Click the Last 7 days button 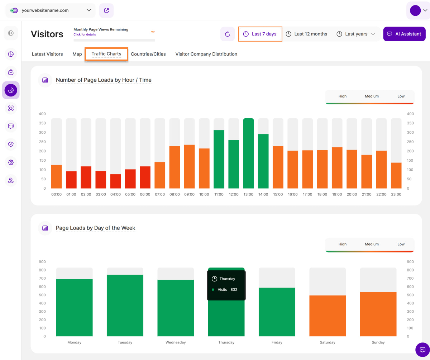pyautogui.click(x=260, y=34)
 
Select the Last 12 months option pyautogui.click(x=306, y=34)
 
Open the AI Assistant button pyautogui.click(x=404, y=34)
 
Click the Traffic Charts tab pyautogui.click(x=106, y=54)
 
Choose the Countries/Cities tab pyautogui.click(x=148, y=54)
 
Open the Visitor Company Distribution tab pyautogui.click(x=206, y=54)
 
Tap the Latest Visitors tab pyautogui.click(x=47, y=54)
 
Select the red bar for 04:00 pyautogui.click(x=116, y=181)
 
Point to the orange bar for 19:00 pyautogui.click(x=337, y=167)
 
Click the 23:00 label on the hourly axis pyautogui.click(x=396, y=194)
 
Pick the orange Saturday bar pyautogui.click(x=328, y=316)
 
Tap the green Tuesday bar pyautogui.click(x=125, y=305)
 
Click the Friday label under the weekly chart pyautogui.click(x=277, y=342)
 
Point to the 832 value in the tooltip pyautogui.click(x=234, y=290)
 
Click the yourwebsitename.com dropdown pyautogui.click(x=51, y=10)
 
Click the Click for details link pyautogui.click(x=85, y=35)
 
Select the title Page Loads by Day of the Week pyautogui.click(x=96, y=228)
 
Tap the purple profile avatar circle pyautogui.click(x=415, y=10)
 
